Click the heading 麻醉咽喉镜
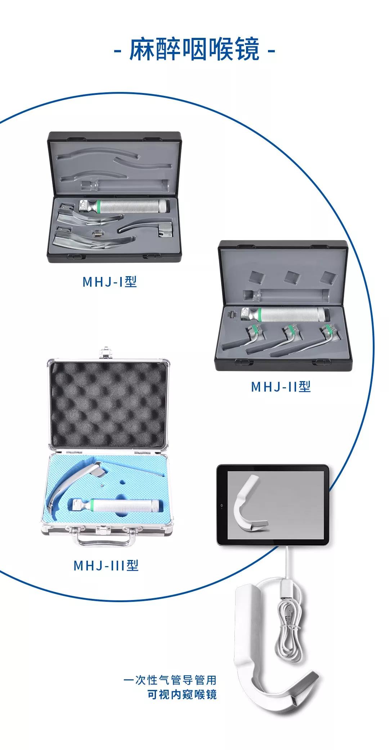pyautogui.click(x=194, y=49)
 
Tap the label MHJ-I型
pyautogui.click(x=110, y=281)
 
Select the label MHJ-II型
pyautogui.click(x=281, y=387)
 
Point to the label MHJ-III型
pyautogui.click(x=106, y=565)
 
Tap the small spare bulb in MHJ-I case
pyautogui.click(x=96, y=233)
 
